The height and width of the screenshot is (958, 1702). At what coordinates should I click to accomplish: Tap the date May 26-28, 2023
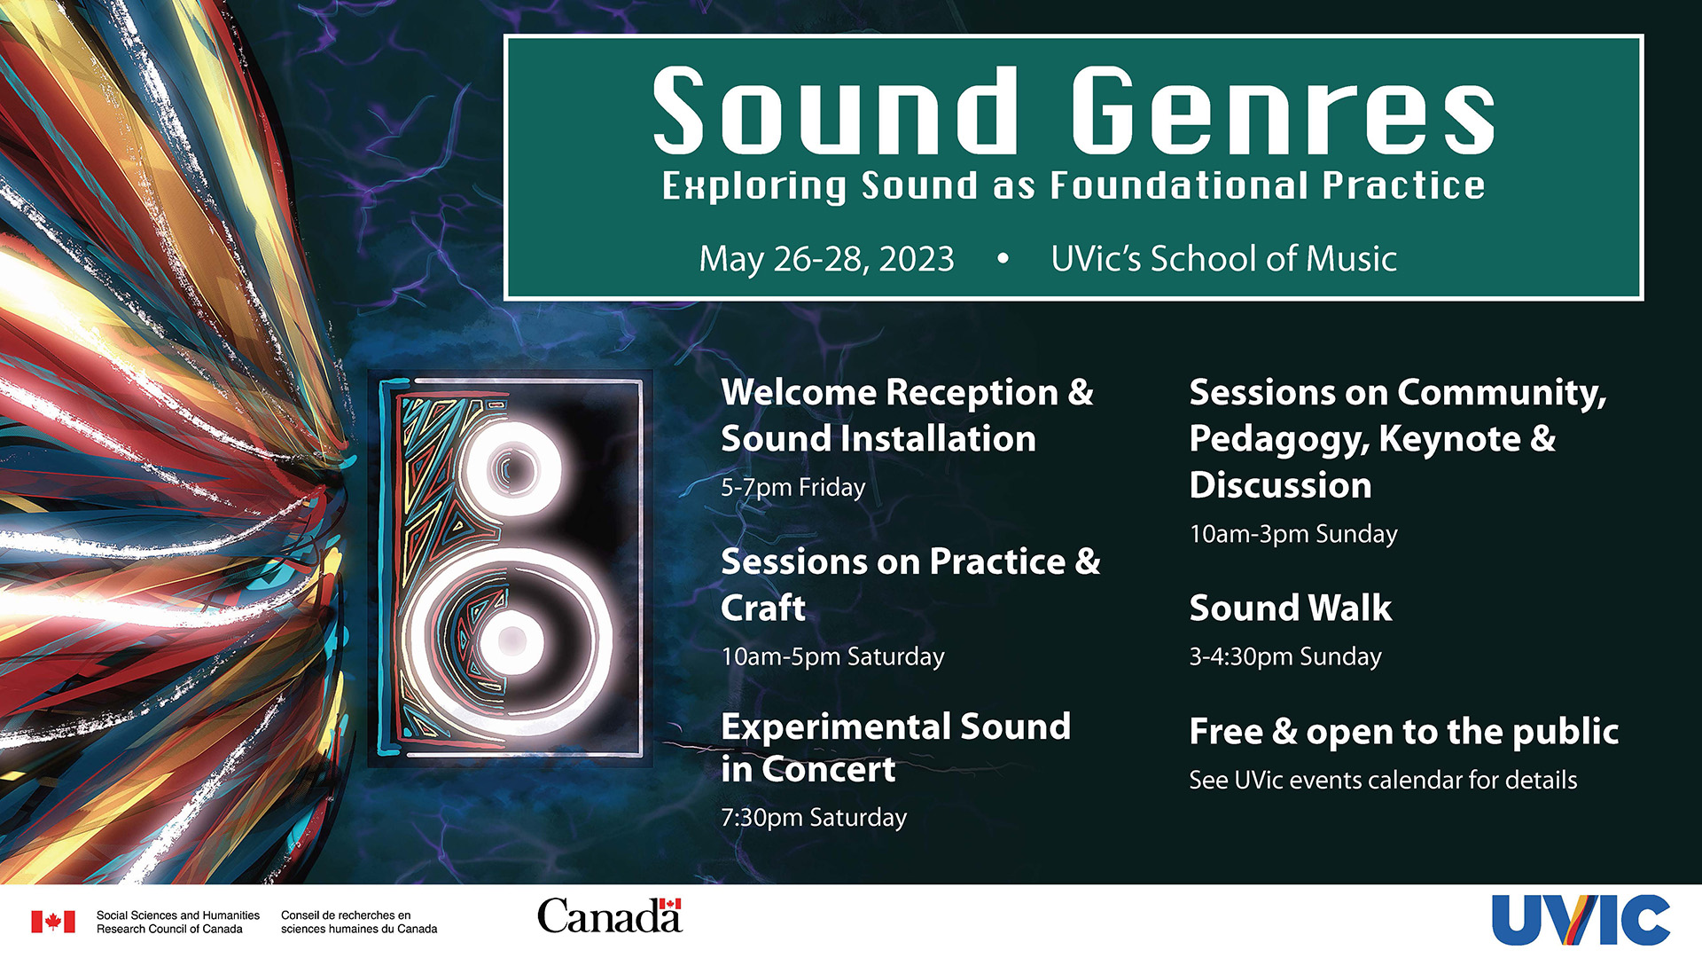(x=826, y=259)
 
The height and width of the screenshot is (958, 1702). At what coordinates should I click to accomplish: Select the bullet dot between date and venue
(x=1003, y=259)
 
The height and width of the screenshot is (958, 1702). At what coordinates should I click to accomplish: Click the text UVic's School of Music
(x=1223, y=258)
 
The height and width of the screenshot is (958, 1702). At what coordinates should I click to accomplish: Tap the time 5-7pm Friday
(x=792, y=488)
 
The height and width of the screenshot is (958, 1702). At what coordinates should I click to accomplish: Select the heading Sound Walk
(x=1290, y=609)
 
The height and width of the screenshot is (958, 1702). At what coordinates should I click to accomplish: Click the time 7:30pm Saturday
(x=814, y=818)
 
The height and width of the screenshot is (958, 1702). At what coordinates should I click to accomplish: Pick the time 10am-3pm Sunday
(x=1293, y=534)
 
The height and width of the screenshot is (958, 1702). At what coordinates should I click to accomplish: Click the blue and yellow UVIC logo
(x=1581, y=920)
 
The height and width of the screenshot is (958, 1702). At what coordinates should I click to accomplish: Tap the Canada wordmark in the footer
(x=610, y=916)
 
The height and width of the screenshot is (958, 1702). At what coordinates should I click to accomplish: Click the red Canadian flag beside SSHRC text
(x=53, y=922)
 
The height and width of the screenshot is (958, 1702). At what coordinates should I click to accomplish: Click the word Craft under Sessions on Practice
(x=763, y=609)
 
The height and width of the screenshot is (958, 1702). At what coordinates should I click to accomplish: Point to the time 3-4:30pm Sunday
(x=1285, y=657)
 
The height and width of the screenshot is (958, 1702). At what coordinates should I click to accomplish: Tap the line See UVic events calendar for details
(x=1383, y=781)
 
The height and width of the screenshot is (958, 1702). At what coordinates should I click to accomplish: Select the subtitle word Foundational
(x=1179, y=185)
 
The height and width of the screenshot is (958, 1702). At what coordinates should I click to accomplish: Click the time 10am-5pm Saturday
(x=832, y=657)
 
